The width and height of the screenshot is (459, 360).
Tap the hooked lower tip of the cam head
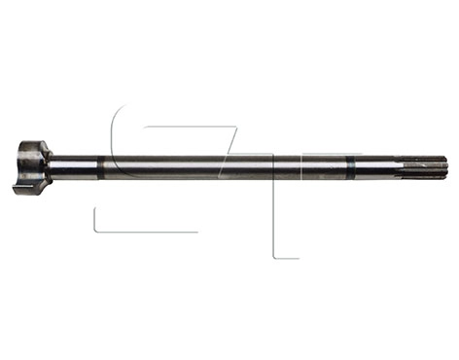click(19, 188)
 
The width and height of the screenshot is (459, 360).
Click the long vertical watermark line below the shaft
click(274, 219)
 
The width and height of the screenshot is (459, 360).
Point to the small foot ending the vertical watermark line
click(287, 258)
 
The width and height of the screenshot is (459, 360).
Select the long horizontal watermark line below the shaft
click(146, 232)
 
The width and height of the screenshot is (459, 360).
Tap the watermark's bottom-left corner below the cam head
click(94, 230)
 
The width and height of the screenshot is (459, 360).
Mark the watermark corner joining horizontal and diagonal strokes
click(236, 126)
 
